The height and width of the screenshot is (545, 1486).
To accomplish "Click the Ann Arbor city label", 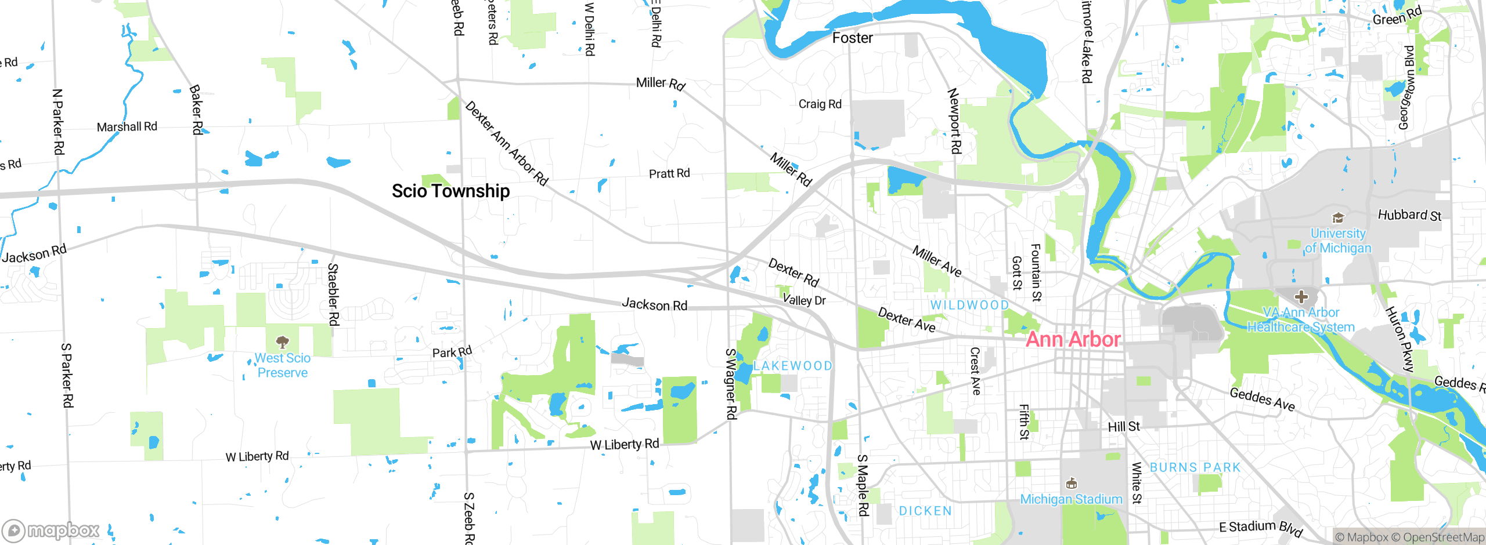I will click(x=1073, y=339).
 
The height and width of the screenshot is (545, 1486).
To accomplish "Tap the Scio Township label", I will click(x=450, y=191).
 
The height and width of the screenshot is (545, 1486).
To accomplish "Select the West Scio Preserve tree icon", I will click(x=282, y=341).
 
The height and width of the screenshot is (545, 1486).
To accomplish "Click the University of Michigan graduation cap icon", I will click(x=1338, y=218).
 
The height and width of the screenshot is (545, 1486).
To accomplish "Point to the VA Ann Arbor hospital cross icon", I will click(x=1301, y=297).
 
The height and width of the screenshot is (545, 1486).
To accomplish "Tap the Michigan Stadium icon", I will click(x=1072, y=484).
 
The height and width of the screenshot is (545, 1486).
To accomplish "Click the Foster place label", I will click(x=852, y=38).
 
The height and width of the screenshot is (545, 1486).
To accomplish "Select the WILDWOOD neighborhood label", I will click(x=969, y=305).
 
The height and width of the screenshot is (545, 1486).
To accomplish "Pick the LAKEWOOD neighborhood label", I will click(x=793, y=366).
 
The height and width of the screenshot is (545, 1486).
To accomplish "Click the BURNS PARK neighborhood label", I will click(x=1195, y=467).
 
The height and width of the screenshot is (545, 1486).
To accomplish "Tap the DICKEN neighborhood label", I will click(x=925, y=511).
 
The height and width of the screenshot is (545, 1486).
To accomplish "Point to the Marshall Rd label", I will click(x=127, y=126).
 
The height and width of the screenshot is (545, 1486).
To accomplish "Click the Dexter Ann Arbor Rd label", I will click(x=506, y=143).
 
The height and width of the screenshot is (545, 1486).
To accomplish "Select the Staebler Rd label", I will click(x=333, y=295).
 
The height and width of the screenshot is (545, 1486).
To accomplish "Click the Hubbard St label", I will click(x=1409, y=215).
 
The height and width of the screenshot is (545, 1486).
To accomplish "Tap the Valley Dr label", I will click(x=804, y=300).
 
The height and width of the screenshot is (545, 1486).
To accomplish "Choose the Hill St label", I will click(x=1124, y=427).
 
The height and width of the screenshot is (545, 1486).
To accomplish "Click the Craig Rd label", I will click(x=820, y=104).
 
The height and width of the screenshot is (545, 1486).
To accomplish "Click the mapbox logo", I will click(x=51, y=530).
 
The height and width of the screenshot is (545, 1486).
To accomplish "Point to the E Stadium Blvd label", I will click(x=1261, y=528).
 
